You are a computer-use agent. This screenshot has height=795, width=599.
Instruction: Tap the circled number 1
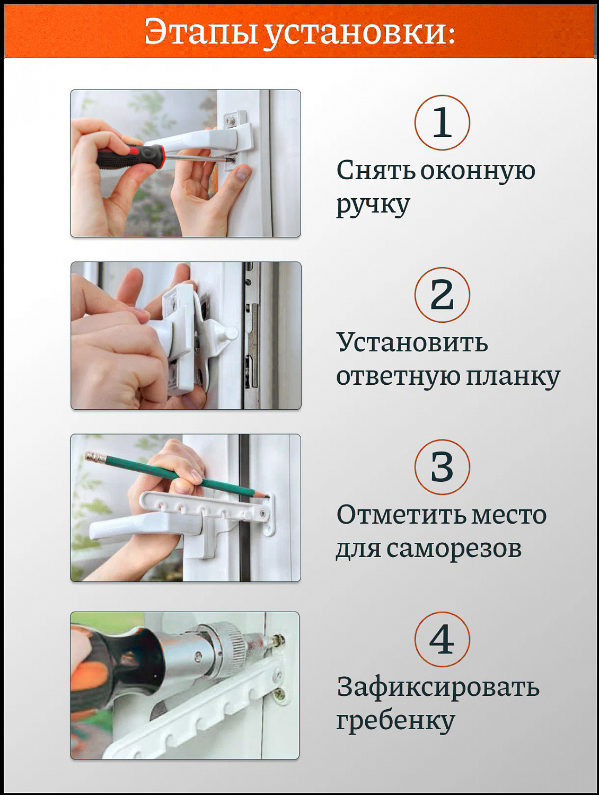(442, 122)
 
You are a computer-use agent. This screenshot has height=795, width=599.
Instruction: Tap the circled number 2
(442, 295)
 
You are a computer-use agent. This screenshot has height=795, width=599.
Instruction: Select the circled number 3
(442, 467)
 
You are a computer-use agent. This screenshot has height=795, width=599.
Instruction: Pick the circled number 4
(442, 639)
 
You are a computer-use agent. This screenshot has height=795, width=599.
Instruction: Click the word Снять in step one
(375, 171)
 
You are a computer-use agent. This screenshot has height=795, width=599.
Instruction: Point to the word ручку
(373, 205)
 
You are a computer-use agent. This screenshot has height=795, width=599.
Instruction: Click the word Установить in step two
(412, 343)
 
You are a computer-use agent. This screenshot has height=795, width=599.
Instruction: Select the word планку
(513, 377)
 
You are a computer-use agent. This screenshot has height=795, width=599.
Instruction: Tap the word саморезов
(454, 549)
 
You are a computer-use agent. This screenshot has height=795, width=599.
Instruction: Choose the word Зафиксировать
(438, 687)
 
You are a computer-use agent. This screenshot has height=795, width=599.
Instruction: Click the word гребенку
(395, 721)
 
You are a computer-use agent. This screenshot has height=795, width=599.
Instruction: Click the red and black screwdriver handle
(130, 157)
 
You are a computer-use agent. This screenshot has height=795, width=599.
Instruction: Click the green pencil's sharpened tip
(263, 496)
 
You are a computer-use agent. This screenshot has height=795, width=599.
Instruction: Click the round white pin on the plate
(231, 333)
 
